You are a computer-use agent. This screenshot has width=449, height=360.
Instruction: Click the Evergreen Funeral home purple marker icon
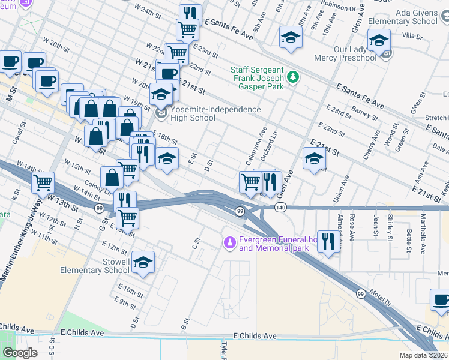coord(228,242)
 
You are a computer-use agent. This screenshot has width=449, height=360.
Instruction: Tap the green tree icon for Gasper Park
coord(292,77)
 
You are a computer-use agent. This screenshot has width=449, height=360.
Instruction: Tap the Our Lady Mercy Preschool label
coord(345,53)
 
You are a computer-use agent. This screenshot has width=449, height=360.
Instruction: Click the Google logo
coord(20,352)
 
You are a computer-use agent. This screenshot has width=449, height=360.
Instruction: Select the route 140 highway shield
coord(281,207)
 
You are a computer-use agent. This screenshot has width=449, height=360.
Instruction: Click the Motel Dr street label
coord(381,300)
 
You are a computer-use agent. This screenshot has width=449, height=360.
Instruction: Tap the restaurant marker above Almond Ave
coord(328,242)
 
